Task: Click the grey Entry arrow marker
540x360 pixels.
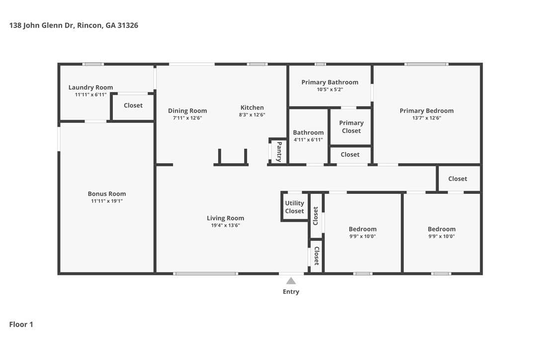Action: [291, 281]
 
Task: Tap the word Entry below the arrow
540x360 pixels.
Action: [291, 292]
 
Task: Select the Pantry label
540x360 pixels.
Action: [279, 152]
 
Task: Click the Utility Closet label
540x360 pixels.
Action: [294, 207]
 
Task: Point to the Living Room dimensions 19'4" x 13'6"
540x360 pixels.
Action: [226, 226]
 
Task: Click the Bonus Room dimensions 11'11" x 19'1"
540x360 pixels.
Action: [107, 201]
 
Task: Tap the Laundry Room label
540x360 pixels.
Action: [90, 88]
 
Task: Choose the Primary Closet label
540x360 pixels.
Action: [351, 127]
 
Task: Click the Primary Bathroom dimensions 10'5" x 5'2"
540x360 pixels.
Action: [330, 90]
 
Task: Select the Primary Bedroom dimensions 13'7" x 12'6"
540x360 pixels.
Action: [427, 118]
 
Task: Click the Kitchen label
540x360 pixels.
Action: [252, 107]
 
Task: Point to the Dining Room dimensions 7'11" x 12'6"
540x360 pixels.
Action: [187, 118]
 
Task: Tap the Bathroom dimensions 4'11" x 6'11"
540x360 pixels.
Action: [308, 140]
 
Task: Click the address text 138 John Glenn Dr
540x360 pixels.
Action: [41, 25]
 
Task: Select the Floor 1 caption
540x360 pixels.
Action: [21, 325]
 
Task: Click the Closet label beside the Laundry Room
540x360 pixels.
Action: [133, 105]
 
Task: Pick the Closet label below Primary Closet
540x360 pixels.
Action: [350, 155]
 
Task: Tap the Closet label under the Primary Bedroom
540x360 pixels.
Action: [457, 179]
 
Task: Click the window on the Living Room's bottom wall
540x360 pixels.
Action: [205, 274]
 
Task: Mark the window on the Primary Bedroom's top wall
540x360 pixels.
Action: [426, 64]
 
